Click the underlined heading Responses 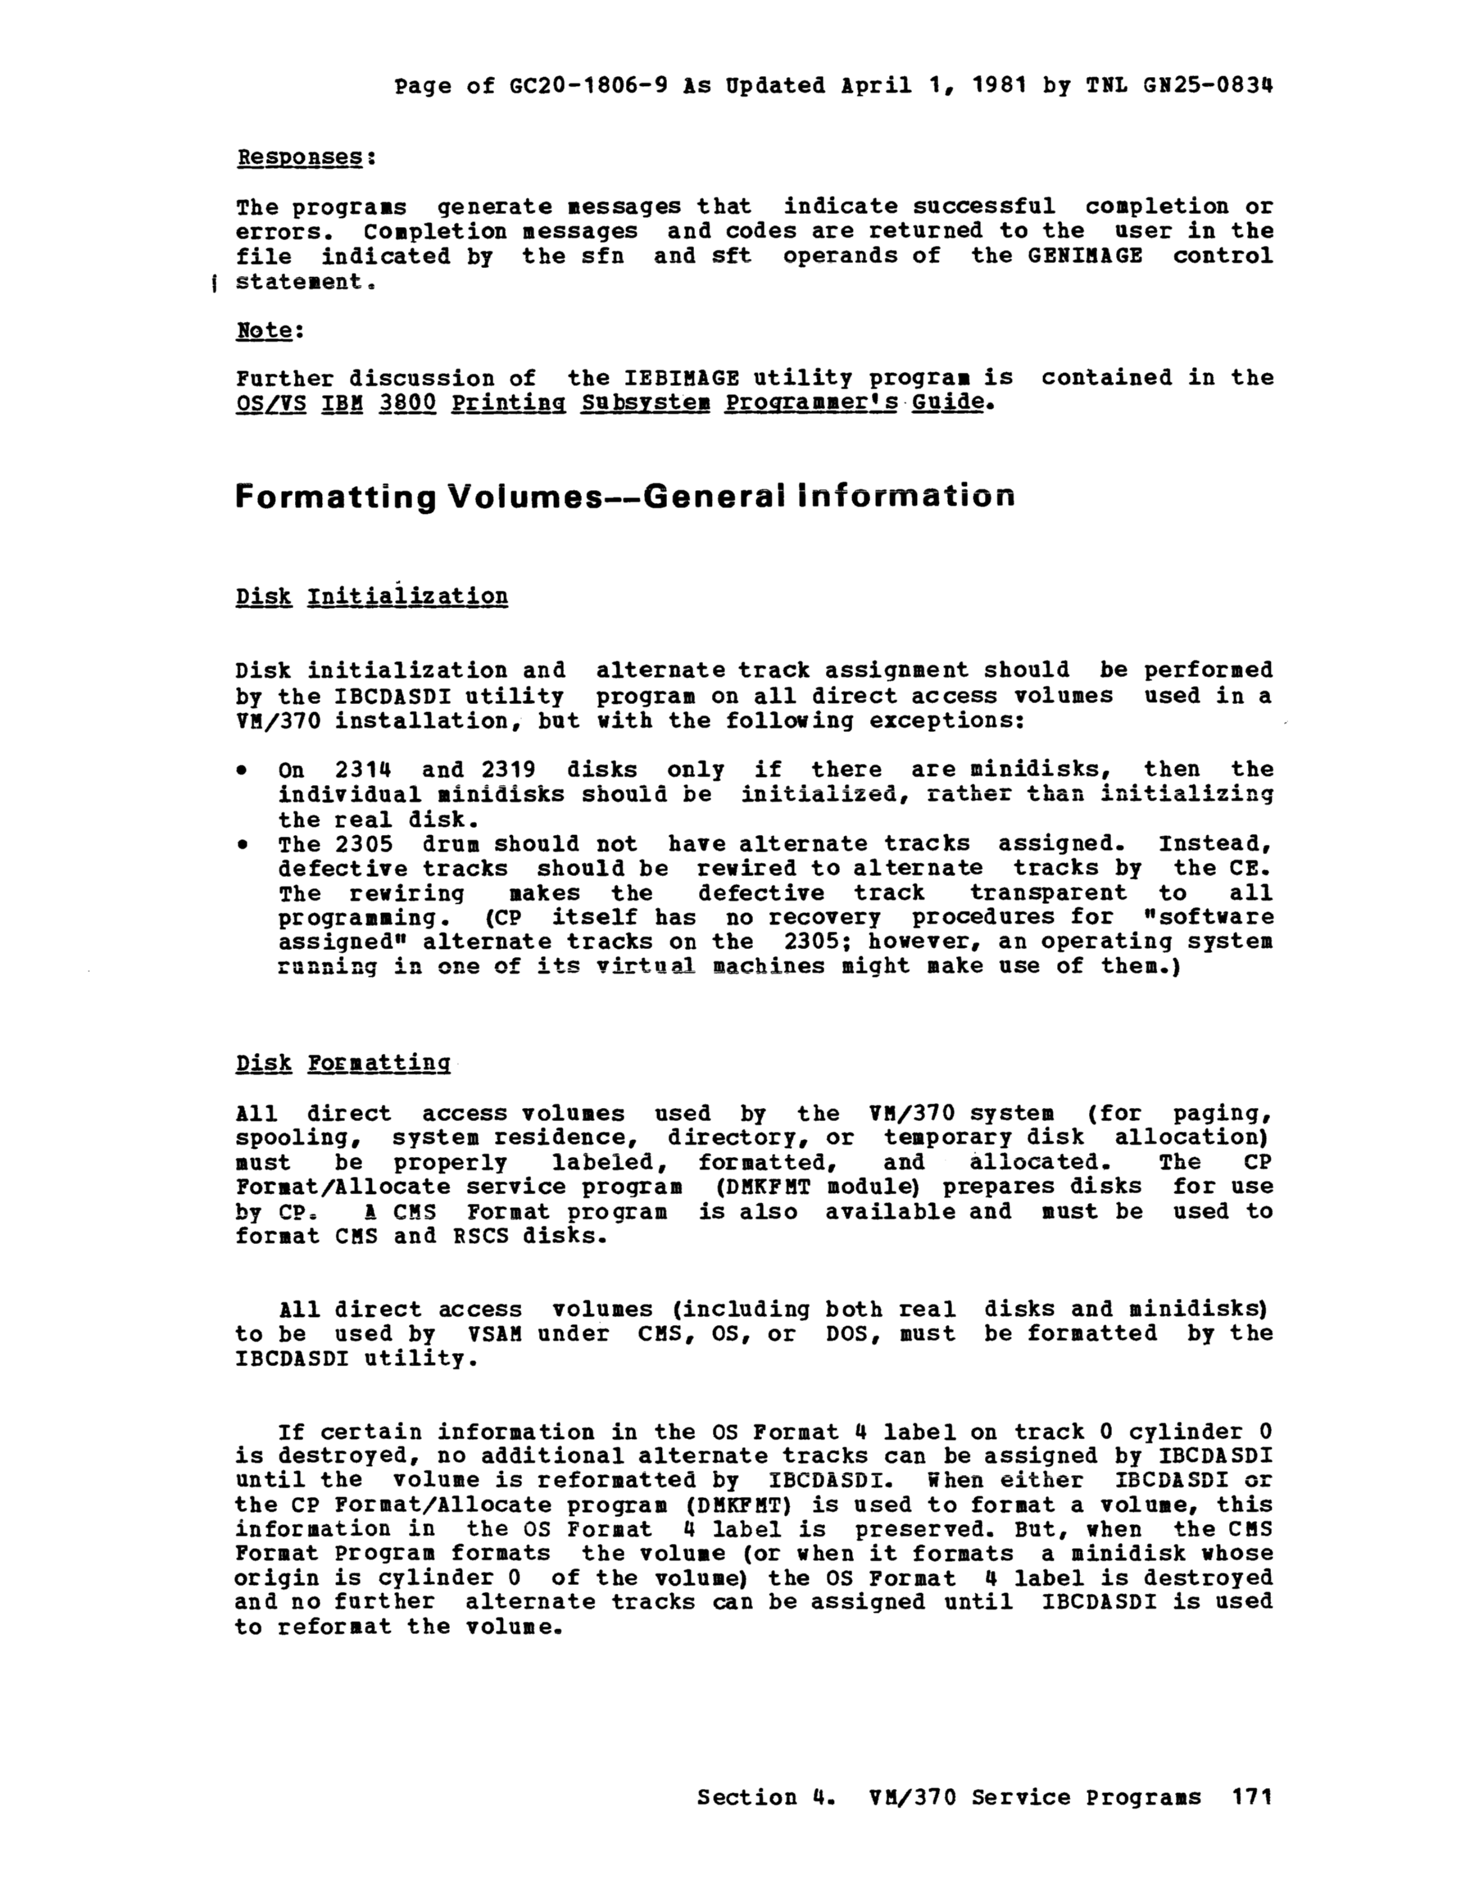(299, 158)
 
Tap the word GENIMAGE (1085, 256)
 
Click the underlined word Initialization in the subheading (407, 597)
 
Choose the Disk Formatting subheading (343, 1063)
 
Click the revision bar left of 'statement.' (213, 282)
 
